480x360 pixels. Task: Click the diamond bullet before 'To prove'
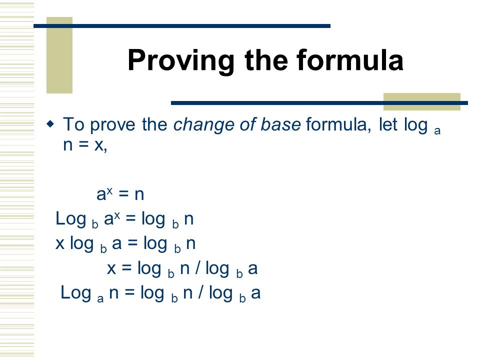(50, 124)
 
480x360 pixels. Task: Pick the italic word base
(280, 124)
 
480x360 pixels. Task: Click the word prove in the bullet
(112, 125)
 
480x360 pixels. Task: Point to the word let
(388, 124)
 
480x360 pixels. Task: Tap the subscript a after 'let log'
(437, 131)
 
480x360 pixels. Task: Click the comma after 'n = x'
(105, 149)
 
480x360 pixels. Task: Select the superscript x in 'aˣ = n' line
(110, 191)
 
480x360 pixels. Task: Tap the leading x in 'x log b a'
(60, 244)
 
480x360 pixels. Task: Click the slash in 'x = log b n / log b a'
(198, 267)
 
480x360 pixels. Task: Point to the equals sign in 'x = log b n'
(126, 268)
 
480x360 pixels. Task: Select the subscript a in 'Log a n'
(100, 298)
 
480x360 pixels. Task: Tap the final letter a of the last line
(256, 293)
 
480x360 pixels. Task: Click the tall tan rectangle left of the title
(59, 55)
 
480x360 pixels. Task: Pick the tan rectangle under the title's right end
(422, 101)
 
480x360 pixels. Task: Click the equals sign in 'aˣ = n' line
(123, 194)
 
